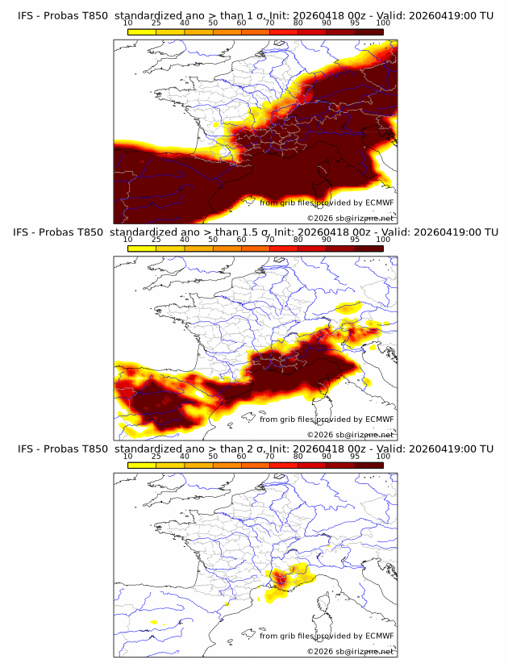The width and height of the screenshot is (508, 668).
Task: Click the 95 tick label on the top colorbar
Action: (355, 23)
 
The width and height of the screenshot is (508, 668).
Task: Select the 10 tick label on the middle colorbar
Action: (127, 240)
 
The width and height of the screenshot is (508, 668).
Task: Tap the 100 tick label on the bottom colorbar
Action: (383, 457)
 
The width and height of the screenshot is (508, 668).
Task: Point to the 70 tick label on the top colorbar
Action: (269, 23)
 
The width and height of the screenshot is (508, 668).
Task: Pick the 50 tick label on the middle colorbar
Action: (213, 240)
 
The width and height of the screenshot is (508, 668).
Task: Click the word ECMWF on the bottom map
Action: (380, 636)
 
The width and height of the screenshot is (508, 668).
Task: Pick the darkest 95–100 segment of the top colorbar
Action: (369, 31)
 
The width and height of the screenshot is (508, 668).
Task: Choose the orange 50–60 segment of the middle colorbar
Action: (227, 248)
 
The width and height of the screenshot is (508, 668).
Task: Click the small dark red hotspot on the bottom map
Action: (281, 578)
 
